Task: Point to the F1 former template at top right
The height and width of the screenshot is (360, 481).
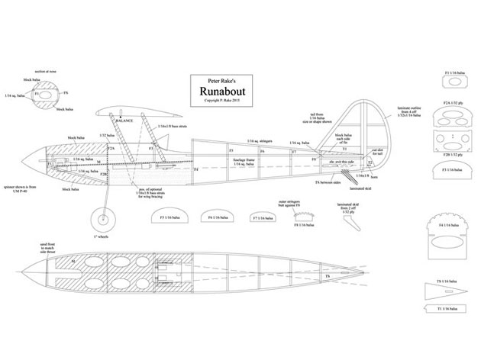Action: point(450,85)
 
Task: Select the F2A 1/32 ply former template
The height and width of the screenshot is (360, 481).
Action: point(450,115)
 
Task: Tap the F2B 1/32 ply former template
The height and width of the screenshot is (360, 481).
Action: point(450,142)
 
